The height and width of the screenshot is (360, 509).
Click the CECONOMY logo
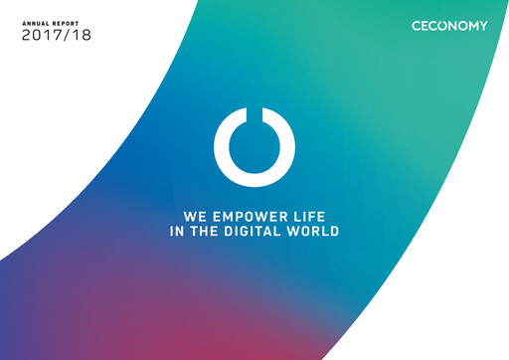pos(449,26)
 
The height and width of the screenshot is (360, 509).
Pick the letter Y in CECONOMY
pos(483,26)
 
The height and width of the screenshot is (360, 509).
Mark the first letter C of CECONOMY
pos(417,26)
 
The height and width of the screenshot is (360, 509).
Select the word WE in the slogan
pos(194,215)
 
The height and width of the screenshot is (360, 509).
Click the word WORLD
pos(315,232)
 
